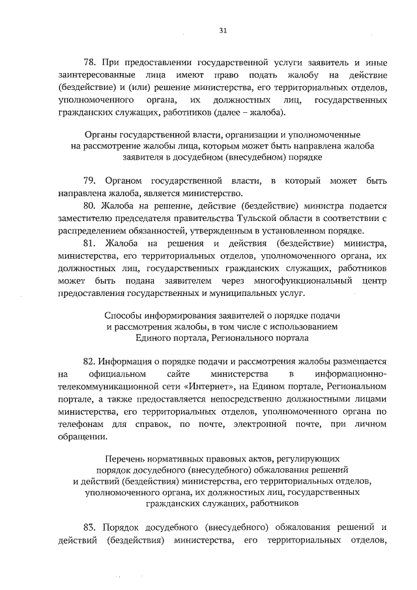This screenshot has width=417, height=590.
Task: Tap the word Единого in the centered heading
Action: point(154,338)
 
